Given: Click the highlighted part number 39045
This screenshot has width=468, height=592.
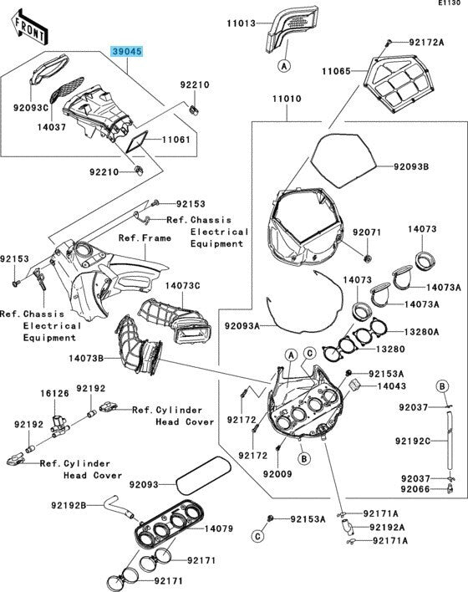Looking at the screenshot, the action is point(127,51).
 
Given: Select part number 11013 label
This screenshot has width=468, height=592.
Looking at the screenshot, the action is point(241,23).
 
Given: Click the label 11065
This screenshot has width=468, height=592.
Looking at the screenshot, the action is point(336,71).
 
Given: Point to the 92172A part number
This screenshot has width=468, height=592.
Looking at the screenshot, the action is point(426,42).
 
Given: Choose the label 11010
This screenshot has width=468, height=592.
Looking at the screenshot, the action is point(287,99).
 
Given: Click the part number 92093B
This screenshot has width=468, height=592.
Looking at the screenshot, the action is point(411,166).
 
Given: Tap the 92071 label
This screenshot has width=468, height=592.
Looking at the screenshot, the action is point(367,232).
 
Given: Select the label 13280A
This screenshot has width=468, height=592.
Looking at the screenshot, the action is point(421,332).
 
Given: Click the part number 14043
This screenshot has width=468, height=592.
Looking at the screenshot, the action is point(392,385).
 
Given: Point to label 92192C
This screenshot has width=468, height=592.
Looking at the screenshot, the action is point(413,441).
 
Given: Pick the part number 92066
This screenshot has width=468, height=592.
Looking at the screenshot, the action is point(415,489).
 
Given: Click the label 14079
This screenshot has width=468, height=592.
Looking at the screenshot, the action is point(219,528).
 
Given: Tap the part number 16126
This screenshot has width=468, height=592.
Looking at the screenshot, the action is point(54,393).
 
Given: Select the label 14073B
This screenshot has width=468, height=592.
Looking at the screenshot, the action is point(86,358).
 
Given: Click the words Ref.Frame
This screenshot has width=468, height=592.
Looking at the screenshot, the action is point(145,237).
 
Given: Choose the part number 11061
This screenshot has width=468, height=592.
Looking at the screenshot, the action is point(176,140).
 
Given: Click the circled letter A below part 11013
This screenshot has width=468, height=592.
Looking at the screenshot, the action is point(284,66).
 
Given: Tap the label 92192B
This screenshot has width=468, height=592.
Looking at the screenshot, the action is point(69,505).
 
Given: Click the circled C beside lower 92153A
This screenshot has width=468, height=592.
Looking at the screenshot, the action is point(257,536).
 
